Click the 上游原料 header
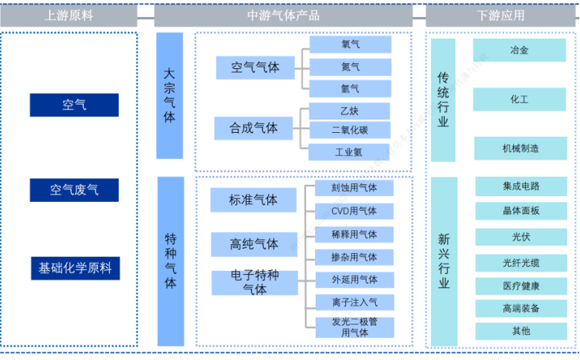(x=69, y=15)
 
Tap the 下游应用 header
(x=500, y=15)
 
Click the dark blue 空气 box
(x=74, y=105)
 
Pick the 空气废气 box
(x=74, y=190)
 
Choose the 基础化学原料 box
(x=74, y=268)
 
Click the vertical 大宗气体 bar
(x=169, y=96)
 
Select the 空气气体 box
(x=255, y=68)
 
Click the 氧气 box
(x=351, y=45)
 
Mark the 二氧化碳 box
(x=350, y=131)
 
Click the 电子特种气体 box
(x=255, y=283)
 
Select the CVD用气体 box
(x=353, y=211)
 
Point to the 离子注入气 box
(x=353, y=302)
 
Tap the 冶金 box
(x=519, y=50)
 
